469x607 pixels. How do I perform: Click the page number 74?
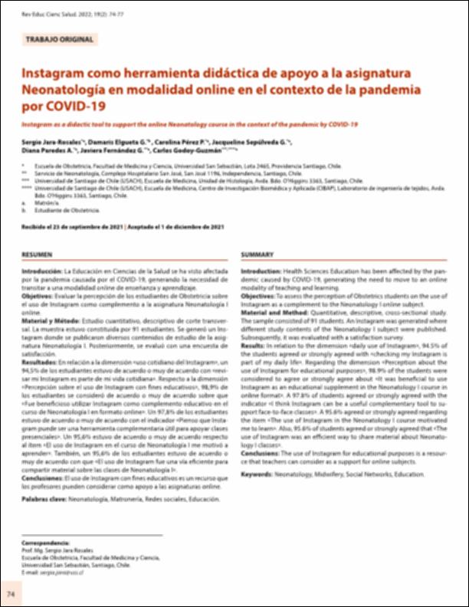pos(11,595)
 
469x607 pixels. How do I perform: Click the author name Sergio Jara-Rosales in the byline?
pos(50,143)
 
